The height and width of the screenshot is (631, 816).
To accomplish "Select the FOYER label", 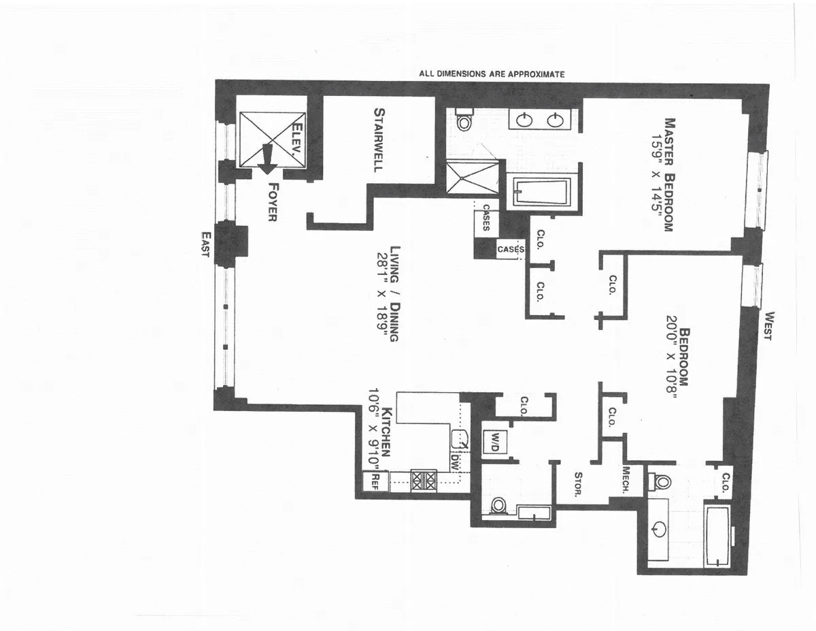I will coord(274,202).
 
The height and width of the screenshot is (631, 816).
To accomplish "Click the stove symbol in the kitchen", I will coord(423,481).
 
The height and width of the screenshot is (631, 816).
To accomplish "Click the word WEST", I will coord(770,325).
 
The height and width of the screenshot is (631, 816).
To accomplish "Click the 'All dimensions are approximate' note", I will coord(492,74).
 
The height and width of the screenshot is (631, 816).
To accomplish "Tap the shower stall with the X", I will coord(471,178).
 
